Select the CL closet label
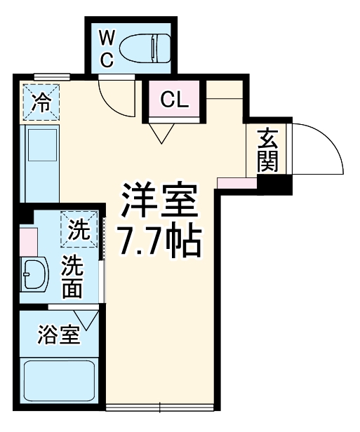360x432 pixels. pos(175,100)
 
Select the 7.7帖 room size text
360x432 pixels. pos(159,241)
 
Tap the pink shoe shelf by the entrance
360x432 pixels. pos(237,183)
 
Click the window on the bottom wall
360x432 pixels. pos(161,407)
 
